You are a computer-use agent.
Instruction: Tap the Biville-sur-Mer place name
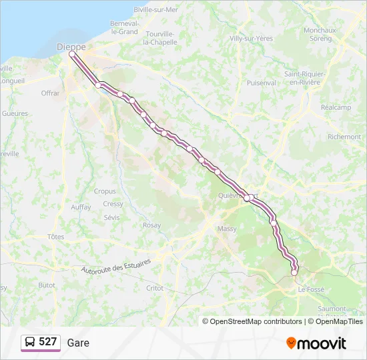[x=155, y=9]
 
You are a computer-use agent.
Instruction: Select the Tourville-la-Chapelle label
[x=160, y=37]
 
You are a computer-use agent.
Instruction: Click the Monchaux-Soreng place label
[x=320, y=35]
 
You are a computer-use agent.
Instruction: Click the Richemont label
[x=344, y=137]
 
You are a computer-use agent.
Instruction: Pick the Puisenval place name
[x=261, y=83]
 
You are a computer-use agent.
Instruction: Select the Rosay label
[x=151, y=225]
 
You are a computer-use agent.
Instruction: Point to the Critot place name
[x=154, y=288]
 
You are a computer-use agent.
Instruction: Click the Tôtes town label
[x=56, y=237]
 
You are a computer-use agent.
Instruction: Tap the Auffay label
[x=81, y=207]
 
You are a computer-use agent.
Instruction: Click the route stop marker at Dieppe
[x=72, y=55]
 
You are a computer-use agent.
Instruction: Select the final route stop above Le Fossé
[x=294, y=272]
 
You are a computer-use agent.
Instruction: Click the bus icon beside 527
[x=30, y=343]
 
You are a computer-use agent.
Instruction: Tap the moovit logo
[x=316, y=343]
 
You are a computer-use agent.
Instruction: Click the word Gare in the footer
[x=78, y=343]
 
